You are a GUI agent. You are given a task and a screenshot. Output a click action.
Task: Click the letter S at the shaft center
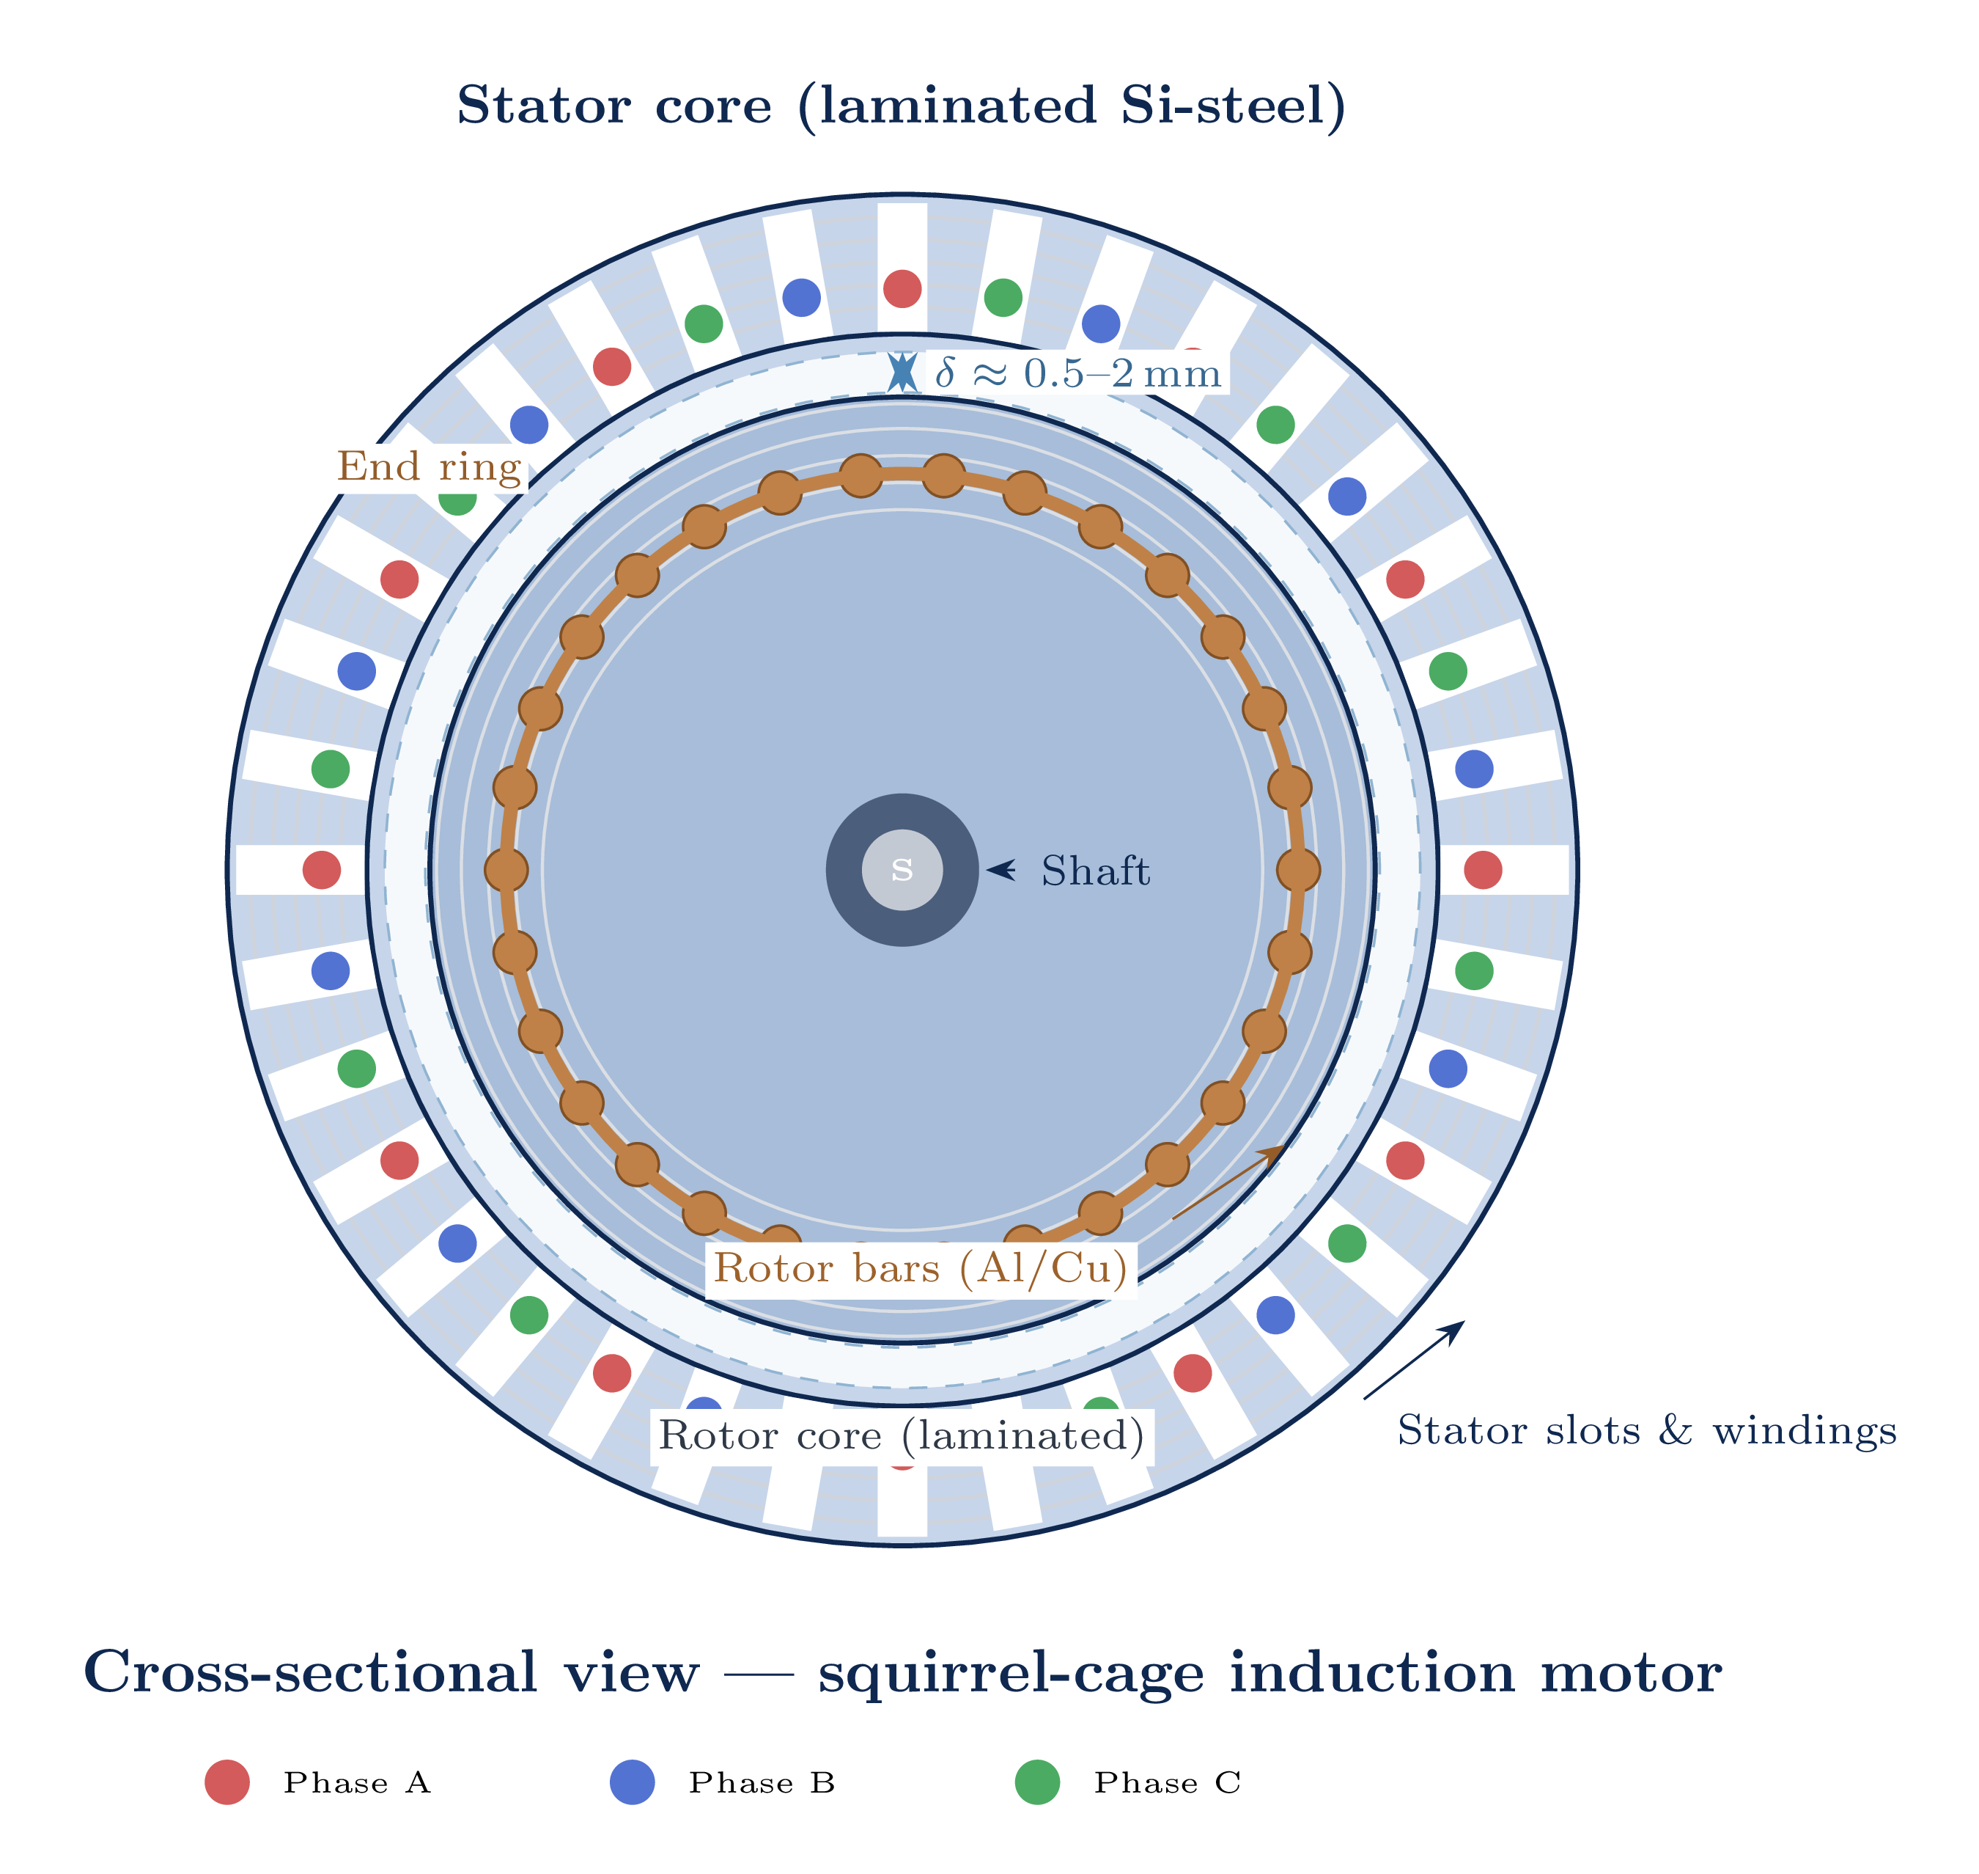[902, 870]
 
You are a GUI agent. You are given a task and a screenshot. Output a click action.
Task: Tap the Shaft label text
[1095, 871]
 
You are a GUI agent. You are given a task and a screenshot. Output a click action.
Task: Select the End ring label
[430, 466]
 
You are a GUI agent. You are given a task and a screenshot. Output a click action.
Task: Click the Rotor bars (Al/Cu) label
[921, 1269]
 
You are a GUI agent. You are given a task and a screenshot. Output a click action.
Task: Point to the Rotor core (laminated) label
[902, 1436]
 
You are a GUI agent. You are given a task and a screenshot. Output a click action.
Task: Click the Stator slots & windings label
[1646, 1430]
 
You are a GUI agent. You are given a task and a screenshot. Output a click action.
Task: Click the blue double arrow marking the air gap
[902, 372]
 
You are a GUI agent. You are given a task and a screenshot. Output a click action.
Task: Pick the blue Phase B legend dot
[632, 1782]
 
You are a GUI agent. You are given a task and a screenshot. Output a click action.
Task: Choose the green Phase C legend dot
[1037, 1782]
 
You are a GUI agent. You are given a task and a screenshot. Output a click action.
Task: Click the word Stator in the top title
[543, 106]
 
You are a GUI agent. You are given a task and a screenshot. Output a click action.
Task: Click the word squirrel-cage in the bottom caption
[1011, 1672]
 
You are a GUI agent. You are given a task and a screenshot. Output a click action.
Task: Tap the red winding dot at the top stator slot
[902, 289]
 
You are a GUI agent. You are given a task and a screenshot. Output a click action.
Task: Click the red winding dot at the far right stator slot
[1483, 870]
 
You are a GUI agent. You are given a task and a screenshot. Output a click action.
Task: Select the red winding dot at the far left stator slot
[322, 870]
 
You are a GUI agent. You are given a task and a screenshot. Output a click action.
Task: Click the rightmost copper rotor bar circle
[1298, 870]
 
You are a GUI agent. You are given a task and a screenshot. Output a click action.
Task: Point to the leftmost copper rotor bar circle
[506, 870]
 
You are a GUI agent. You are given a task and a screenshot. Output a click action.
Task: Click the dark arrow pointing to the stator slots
[1413, 1361]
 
